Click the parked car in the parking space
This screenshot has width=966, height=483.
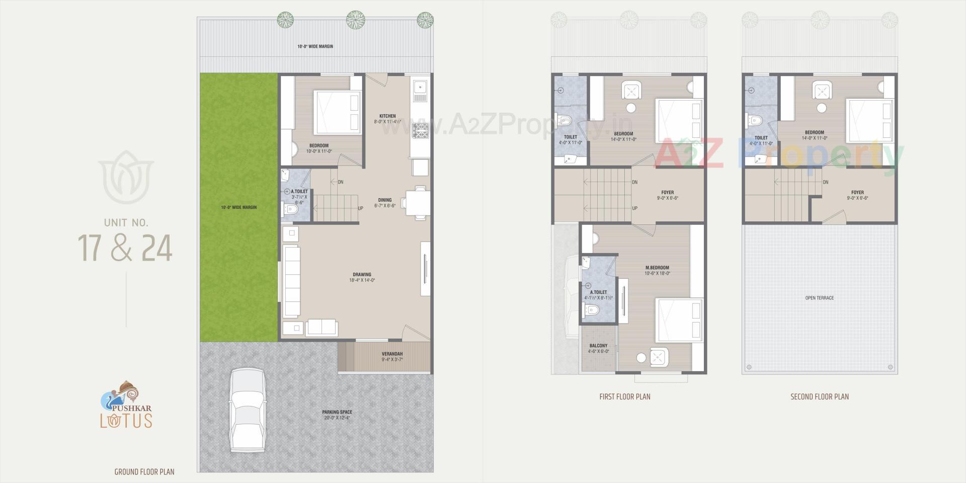[x=247, y=411]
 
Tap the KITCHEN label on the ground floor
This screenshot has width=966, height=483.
[x=387, y=116]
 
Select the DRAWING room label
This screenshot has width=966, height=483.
[x=362, y=275]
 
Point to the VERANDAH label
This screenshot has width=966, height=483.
[x=392, y=354]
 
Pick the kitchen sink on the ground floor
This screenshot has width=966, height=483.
[x=419, y=89]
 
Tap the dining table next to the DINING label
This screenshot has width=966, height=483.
[x=418, y=203]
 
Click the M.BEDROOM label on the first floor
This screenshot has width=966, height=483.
[x=657, y=268]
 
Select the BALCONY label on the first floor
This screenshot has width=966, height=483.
[x=598, y=346]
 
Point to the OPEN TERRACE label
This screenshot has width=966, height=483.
[x=820, y=298]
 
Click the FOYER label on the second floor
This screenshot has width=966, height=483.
[x=857, y=192]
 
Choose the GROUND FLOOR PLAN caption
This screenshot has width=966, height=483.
[x=144, y=472]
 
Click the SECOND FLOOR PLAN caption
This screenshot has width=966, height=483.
[x=820, y=397]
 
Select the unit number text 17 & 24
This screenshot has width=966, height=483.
[x=125, y=248]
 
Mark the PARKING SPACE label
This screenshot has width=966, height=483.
[x=337, y=412]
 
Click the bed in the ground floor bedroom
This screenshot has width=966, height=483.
[x=338, y=112]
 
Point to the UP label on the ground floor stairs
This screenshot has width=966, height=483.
[x=360, y=208]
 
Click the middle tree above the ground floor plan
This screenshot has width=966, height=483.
[x=355, y=19]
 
